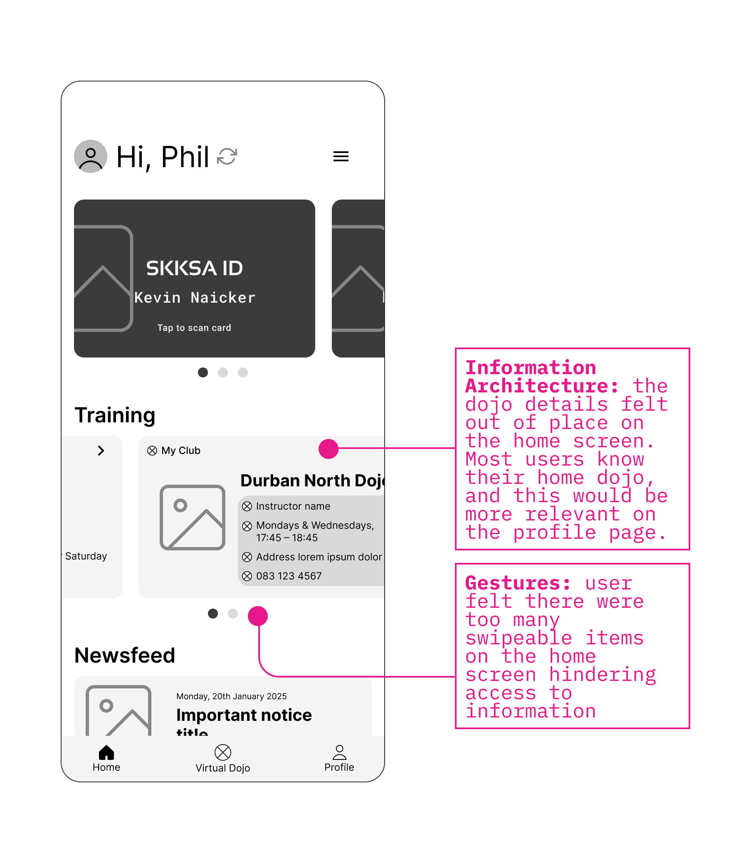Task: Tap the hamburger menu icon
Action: [x=341, y=156]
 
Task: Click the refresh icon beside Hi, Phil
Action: [x=227, y=156]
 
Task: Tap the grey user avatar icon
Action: [x=91, y=156]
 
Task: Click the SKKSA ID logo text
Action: [x=195, y=268]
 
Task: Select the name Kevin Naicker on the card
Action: [x=195, y=298]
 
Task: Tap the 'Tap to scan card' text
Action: [x=194, y=328]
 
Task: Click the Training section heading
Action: [x=115, y=415]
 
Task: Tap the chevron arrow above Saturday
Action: [x=101, y=451]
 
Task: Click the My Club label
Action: [x=180, y=451]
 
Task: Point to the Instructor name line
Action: [x=293, y=506]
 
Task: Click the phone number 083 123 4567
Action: [x=289, y=576]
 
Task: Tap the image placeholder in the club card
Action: [x=193, y=518]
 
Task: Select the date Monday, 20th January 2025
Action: [x=231, y=696]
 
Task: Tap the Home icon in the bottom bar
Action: [x=106, y=753]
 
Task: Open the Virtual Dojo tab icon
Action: [x=223, y=752]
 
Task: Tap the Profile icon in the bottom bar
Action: [x=339, y=752]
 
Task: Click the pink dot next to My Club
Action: [x=329, y=449]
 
